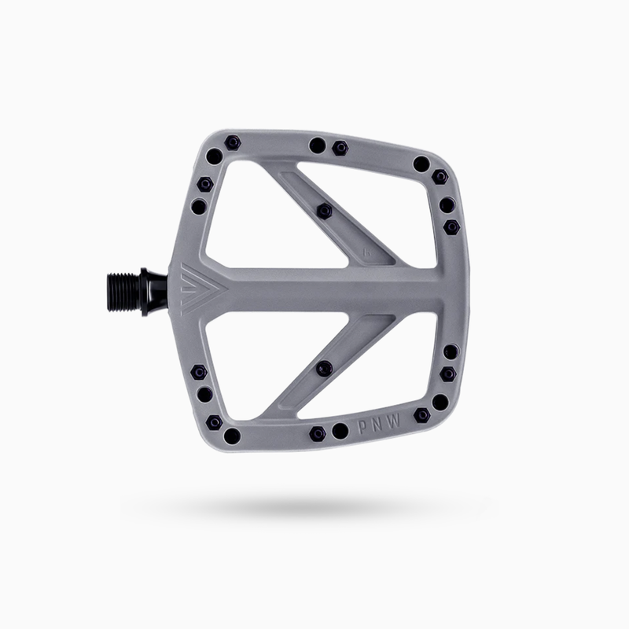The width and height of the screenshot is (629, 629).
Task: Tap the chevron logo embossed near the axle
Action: (189, 286)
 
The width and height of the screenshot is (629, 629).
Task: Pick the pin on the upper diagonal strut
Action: (323, 210)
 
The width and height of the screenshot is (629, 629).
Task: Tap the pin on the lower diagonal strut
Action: (322, 367)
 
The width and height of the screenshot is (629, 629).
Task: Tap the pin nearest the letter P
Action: (340, 432)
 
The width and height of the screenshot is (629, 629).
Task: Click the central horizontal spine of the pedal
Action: (330, 287)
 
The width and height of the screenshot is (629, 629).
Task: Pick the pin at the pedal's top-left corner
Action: (232, 142)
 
